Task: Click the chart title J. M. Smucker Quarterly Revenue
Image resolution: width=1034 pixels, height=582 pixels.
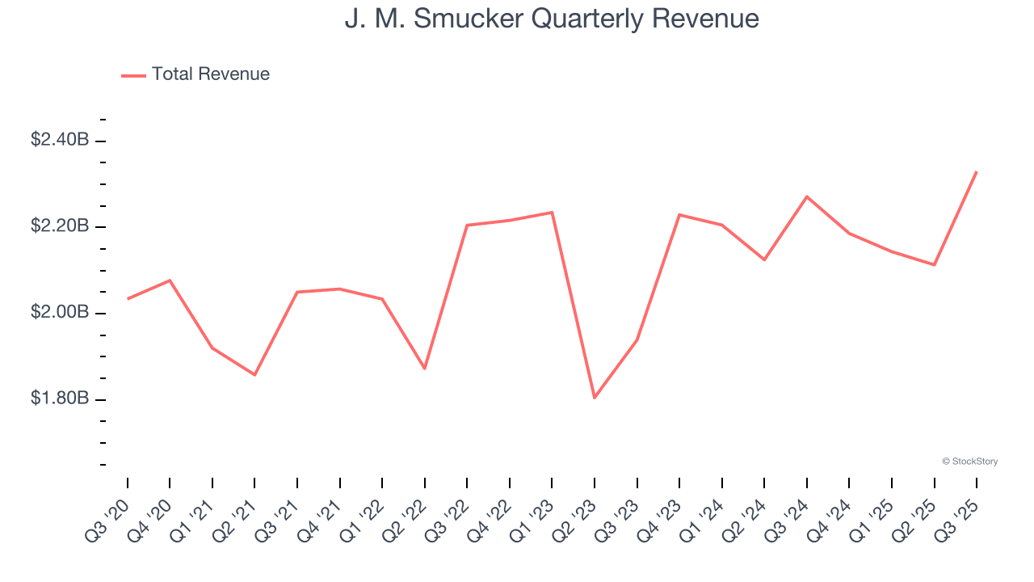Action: coord(552,19)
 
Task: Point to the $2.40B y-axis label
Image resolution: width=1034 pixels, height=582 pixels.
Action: coord(60,140)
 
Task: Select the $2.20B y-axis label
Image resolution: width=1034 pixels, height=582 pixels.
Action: coord(60,226)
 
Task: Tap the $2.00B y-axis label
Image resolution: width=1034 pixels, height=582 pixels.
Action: coord(60,313)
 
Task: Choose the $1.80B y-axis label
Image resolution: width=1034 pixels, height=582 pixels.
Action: coord(60,399)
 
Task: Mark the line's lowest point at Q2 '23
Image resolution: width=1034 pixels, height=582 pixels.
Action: coord(595,398)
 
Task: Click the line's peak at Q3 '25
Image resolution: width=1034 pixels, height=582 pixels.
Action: coord(977,171)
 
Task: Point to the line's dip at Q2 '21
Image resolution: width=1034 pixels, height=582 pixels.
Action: coord(254,375)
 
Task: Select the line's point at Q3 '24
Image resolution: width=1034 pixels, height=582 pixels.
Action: coord(807,196)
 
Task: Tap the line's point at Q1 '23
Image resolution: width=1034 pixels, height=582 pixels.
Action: coord(552,212)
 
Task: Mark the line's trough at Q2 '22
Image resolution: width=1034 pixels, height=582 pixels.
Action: coord(425,369)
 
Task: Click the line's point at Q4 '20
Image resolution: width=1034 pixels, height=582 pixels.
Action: coord(170,280)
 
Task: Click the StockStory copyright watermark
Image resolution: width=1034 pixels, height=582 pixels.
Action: coord(969,462)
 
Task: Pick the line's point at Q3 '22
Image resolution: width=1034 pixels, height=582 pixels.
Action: coord(467,225)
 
